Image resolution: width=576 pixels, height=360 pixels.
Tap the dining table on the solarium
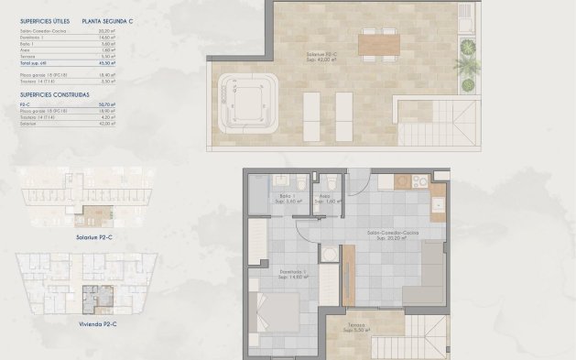(378, 42)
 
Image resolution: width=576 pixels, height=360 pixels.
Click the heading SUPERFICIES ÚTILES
(44, 18)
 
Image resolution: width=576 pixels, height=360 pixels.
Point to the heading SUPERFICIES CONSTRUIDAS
(53, 93)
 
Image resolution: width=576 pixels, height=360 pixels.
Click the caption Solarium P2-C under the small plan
(95, 236)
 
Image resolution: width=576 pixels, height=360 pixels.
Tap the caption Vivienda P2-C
(95, 323)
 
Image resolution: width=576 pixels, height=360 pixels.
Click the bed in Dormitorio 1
(276, 312)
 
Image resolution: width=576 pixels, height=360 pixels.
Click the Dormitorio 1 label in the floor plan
(293, 271)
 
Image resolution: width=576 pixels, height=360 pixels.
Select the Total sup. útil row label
(37, 62)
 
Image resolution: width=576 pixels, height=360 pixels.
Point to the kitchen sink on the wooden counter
(438, 202)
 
